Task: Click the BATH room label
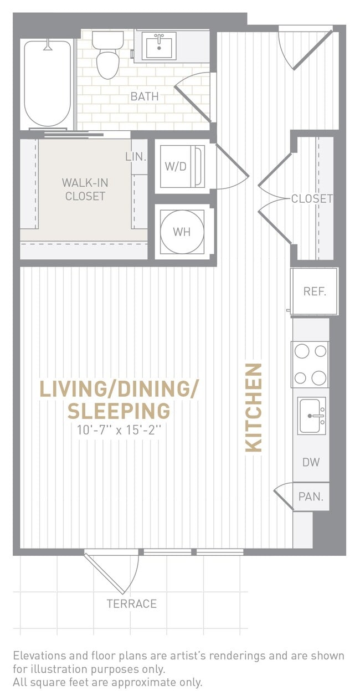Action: [x=145, y=96]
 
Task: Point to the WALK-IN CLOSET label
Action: [x=84, y=189]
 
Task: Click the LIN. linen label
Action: [x=136, y=157]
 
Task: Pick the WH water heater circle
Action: [x=182, y=232]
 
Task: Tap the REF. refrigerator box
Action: [x=315, y=291]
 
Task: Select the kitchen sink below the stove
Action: [x=312, y=416]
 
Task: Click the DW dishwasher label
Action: [x=311, y=462]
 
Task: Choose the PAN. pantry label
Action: [x=311, y=497]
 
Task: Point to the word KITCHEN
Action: [x=254, y=407]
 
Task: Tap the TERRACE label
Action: [x=132, y=603]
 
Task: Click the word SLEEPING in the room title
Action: [x=119, y=411]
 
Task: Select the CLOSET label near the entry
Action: [x=312, y=198]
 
